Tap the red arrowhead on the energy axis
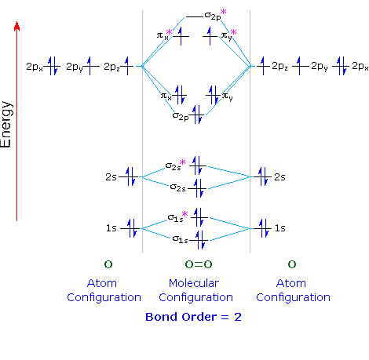[17, 27]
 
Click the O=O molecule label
[195, 264]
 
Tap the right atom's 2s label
[280, 177]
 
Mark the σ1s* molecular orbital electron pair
[199, 216]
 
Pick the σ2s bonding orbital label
[179, 187]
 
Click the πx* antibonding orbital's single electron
[181, 35]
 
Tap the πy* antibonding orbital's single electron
[210, 35]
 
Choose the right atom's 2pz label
[280, 67]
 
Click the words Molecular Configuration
[195, 289]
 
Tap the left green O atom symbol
[108, 264]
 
